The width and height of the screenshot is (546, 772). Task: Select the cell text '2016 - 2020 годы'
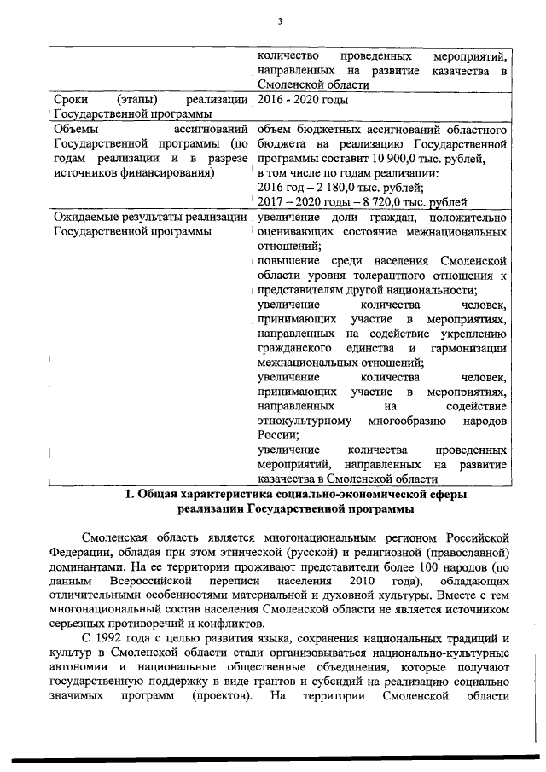click(302, 100)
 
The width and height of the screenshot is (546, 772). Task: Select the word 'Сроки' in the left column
click(70, 100)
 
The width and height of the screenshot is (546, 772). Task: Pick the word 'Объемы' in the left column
click(75, 130)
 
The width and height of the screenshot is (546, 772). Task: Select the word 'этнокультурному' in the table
click(304, 420)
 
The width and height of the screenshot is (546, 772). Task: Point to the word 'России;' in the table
click(277, 434)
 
